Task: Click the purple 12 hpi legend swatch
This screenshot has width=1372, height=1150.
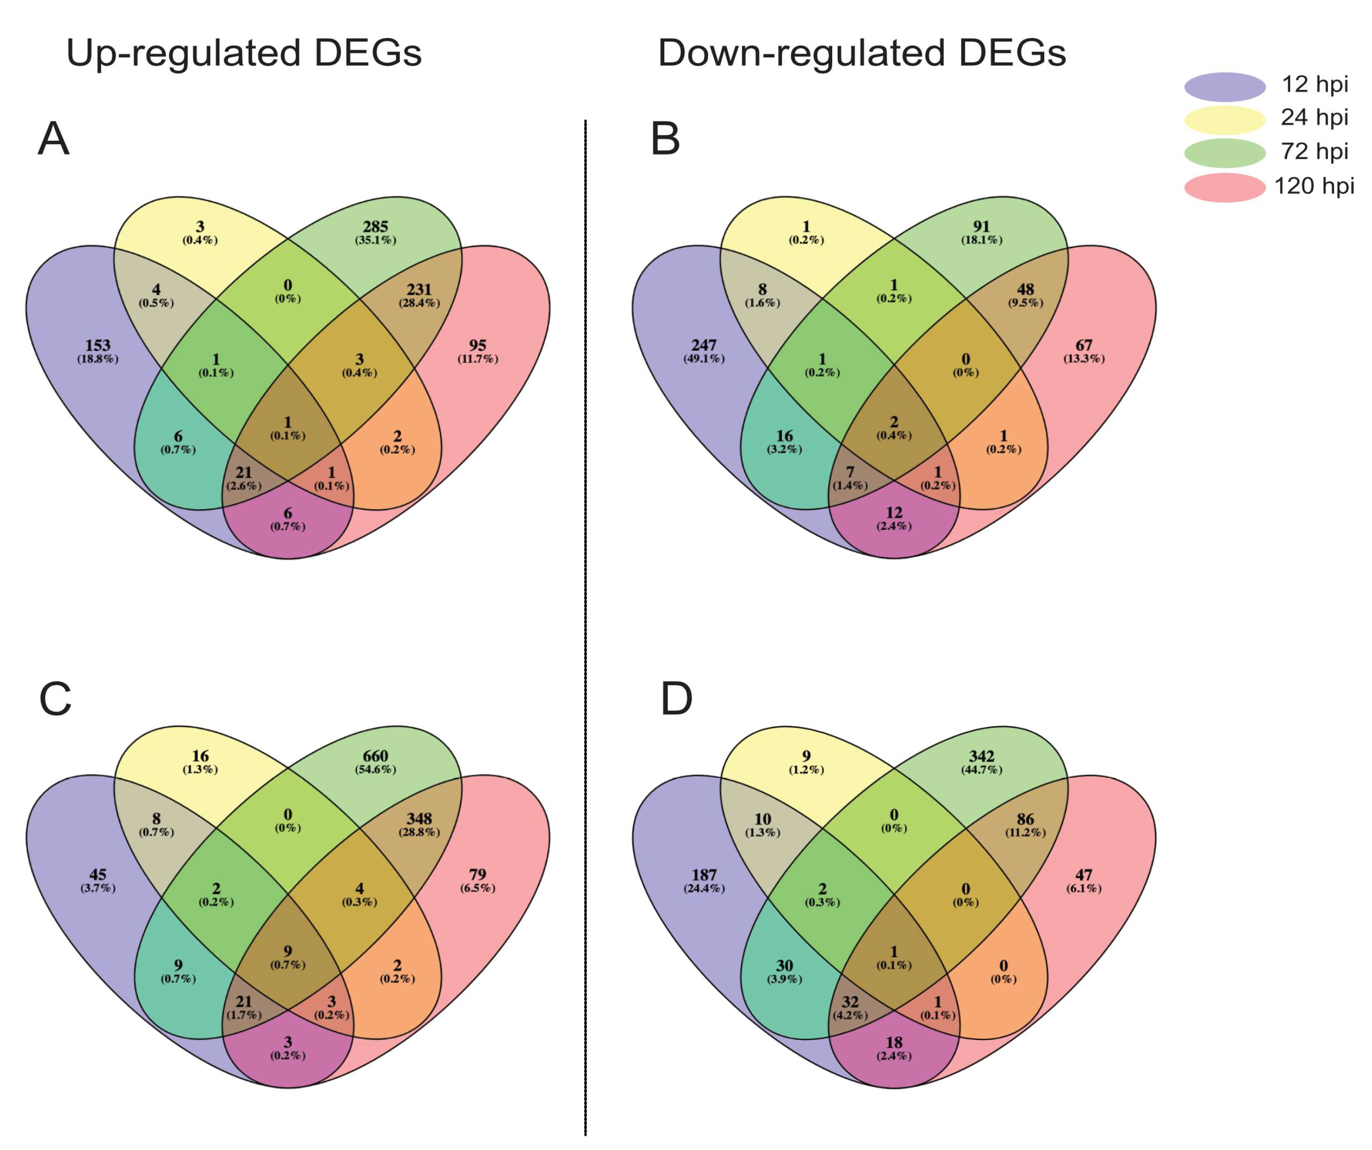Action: (x=1224, y=87)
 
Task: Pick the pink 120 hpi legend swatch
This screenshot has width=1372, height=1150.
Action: (x=1224, y=187)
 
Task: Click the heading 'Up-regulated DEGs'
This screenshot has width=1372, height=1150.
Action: (x=244, y=53)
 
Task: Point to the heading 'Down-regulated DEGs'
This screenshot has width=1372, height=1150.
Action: (x=862, y=53)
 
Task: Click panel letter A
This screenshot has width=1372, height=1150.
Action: (x=54, y=139)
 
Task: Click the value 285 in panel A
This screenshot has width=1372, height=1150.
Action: (x=376, y=226)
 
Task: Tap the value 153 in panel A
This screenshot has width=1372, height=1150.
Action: (x=98, y=345)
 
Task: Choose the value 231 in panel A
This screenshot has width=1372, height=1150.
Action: (x=419, y=289)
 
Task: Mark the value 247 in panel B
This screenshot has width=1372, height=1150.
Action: (x=704, y=345)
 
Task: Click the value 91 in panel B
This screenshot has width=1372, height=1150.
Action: (x=981, y=226)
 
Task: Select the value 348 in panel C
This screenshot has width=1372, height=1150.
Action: (x=419, y=819)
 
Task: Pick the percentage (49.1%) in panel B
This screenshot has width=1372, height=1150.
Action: (x=704, y=358)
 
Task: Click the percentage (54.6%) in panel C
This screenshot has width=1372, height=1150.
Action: (x=376, y=769)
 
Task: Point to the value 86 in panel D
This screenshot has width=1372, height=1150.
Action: (x=1025, y=819)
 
